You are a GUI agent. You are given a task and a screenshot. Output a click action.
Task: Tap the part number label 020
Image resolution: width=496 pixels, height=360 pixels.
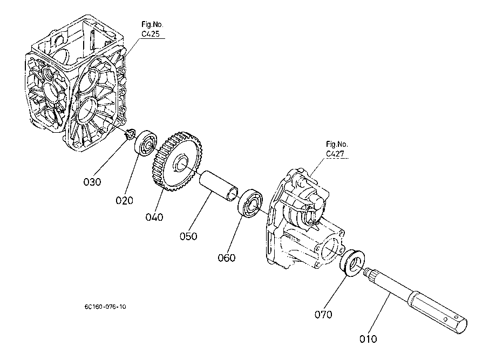[x=124, y=200]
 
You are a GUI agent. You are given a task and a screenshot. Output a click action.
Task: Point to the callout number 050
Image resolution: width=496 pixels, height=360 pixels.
[x=189, y=235]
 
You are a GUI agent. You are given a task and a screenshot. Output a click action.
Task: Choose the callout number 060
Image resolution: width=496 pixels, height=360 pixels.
[x=227, y=257]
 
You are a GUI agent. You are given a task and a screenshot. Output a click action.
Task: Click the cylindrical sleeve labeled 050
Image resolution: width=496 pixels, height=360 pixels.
[x=219, y=186]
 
